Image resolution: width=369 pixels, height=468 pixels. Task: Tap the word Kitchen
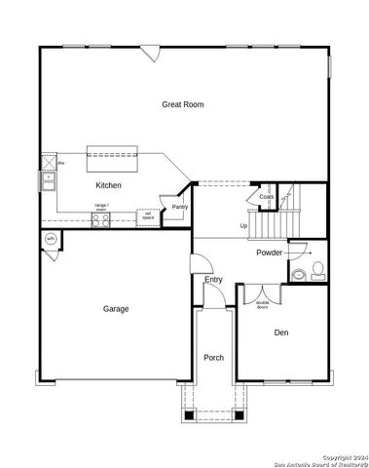coord(108,184)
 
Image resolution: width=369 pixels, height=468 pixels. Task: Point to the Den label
coord(280,333)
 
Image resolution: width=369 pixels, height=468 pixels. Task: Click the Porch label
coord(213,358)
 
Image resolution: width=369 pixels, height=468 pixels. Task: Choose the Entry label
coord(213,281)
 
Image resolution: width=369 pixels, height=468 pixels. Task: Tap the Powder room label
coord(270,253)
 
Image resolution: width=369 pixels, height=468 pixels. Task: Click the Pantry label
coord(179,207)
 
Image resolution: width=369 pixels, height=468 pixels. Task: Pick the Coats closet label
coord(267,197)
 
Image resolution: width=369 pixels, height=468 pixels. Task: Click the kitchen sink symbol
coord(47,180)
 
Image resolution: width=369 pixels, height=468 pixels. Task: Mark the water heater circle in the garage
coord(50,239)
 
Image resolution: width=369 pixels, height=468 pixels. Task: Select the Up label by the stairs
coord(243,226)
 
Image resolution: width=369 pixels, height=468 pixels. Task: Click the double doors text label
coord(262,304)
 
